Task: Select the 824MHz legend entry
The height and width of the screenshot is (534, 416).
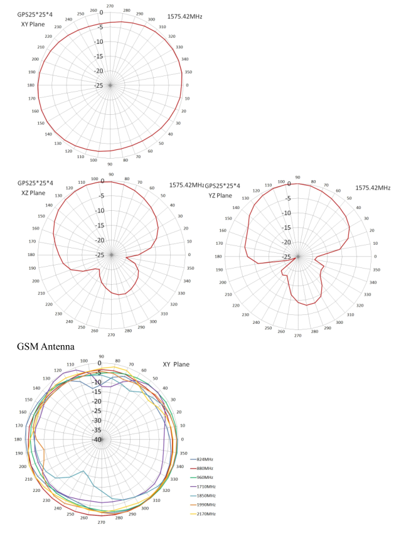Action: [205, 460]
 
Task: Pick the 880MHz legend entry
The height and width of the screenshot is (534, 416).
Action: [205, 469]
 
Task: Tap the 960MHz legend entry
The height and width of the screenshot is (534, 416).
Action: [205, 478]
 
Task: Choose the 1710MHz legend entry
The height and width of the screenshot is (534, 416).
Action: [206, 486]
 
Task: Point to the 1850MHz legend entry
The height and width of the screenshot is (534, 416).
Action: [206, 496]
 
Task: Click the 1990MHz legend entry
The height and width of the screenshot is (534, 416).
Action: [206, 505]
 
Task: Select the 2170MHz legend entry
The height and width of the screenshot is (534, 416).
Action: [206, 514]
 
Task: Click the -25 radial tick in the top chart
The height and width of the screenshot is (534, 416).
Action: [100, 86]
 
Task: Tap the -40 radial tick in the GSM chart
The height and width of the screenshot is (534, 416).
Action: [97, 440]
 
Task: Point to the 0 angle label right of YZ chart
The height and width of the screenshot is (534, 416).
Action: [375, 256]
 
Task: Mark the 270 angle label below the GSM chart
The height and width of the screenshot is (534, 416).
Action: [101, 522]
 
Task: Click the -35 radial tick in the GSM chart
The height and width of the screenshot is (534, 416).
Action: [97, 430]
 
